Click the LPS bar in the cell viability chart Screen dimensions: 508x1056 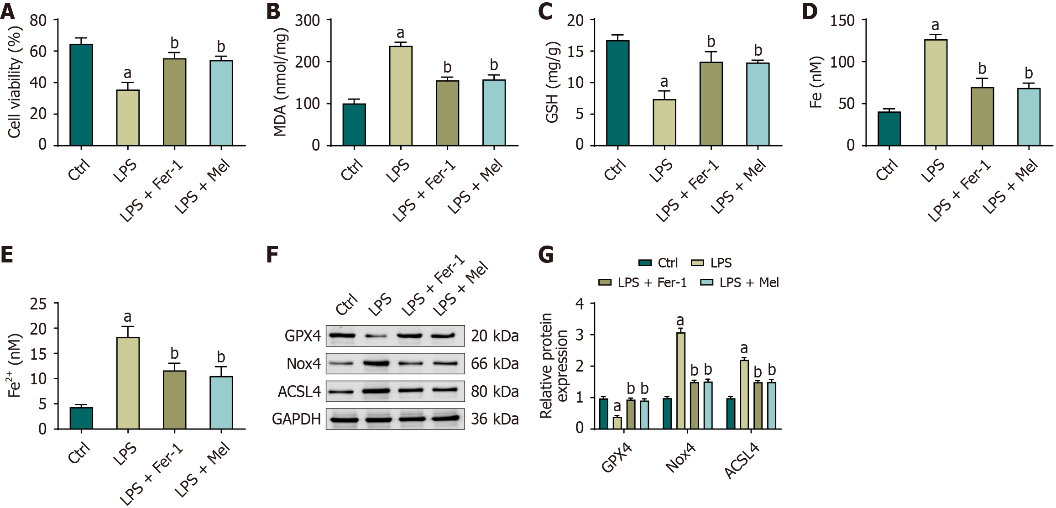pyautogui.click(x=128, y=118)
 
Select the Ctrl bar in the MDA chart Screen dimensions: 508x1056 pyautogui.click(x=354, y=125)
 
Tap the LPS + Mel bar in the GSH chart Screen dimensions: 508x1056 pyautogui.click(x=758, y=104)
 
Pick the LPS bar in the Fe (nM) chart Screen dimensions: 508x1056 pyautogui.click(x=936, y=93)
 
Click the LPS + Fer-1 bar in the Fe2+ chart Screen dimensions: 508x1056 pyautogui.click(x=174, y=400)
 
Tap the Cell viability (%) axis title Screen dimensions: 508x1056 pyautogui.click(x=15, y=82)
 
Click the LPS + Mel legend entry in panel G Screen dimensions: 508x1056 pyautogui.click(x=740, y=283)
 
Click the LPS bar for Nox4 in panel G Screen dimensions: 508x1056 pyautogui.click(x=681, y=381)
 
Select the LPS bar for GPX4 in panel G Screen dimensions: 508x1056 pyautogui.click(x=617, y=423)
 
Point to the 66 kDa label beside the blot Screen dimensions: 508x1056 pyautogui.click(x=495, y=364)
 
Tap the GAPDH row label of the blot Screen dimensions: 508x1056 pyautogui.click(x=297, y=419)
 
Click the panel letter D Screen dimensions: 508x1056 pyautogui.click(x=810, y=11)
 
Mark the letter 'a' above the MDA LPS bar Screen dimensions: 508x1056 pyautogui.click(x=400, y=33)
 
